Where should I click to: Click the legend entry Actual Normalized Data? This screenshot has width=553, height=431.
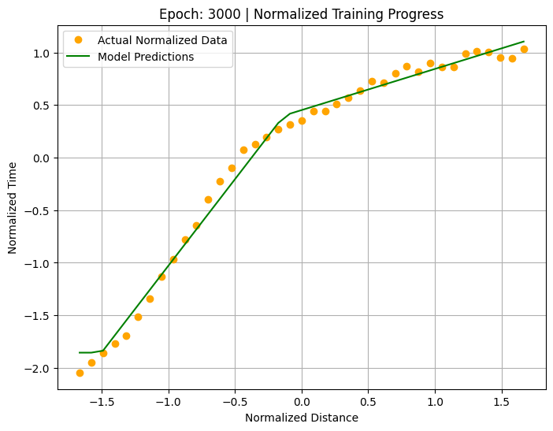[x=162, y=40]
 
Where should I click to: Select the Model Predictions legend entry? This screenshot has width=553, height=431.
[x=146, y=57]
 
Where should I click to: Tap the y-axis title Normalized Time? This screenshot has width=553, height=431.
[x=13, y=208]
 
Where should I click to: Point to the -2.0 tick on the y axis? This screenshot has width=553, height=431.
[x=37, y=369]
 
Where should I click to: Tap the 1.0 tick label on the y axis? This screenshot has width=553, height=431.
[x=41, y=54]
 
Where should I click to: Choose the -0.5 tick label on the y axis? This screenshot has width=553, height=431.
[x=37, y=211]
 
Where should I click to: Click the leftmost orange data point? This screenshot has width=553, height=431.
[x=80, y=373]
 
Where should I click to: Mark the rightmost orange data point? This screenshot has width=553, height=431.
[x=524, y=49]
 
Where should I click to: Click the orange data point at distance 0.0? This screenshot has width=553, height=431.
[x=302, y=121]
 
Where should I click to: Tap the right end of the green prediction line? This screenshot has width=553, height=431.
[x=524, y=41]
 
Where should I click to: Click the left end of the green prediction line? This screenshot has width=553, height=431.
[x=80, y=352]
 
